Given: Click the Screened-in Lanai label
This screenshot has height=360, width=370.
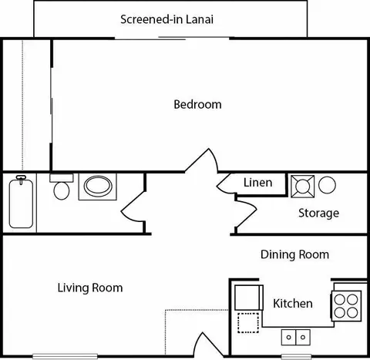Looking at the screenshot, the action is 167,19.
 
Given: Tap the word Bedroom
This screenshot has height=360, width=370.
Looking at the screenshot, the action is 197,105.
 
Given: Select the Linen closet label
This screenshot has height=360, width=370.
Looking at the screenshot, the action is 257,183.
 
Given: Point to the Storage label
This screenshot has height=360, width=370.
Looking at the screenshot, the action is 318,213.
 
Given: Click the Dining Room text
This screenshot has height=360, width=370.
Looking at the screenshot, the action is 294,254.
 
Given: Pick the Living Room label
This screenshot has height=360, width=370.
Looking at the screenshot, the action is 90,288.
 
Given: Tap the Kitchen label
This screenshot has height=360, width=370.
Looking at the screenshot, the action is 293,304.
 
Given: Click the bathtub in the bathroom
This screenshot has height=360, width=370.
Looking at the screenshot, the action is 21,202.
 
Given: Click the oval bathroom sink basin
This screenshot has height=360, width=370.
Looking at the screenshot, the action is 98,186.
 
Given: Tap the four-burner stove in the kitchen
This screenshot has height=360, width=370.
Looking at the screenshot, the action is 346,306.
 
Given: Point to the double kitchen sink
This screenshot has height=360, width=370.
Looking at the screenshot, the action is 296,337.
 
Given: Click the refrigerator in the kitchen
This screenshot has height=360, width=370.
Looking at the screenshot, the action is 249,298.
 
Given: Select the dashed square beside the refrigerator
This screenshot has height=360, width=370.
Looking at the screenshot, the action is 248,323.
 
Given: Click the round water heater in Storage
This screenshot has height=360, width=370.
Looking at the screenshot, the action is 327,185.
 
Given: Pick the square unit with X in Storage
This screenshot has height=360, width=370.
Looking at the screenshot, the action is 302,187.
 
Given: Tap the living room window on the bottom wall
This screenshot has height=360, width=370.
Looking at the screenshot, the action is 65,356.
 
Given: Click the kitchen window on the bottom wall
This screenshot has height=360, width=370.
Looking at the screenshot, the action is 296,357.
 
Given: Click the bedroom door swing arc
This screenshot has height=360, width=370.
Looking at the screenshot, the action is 202,160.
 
